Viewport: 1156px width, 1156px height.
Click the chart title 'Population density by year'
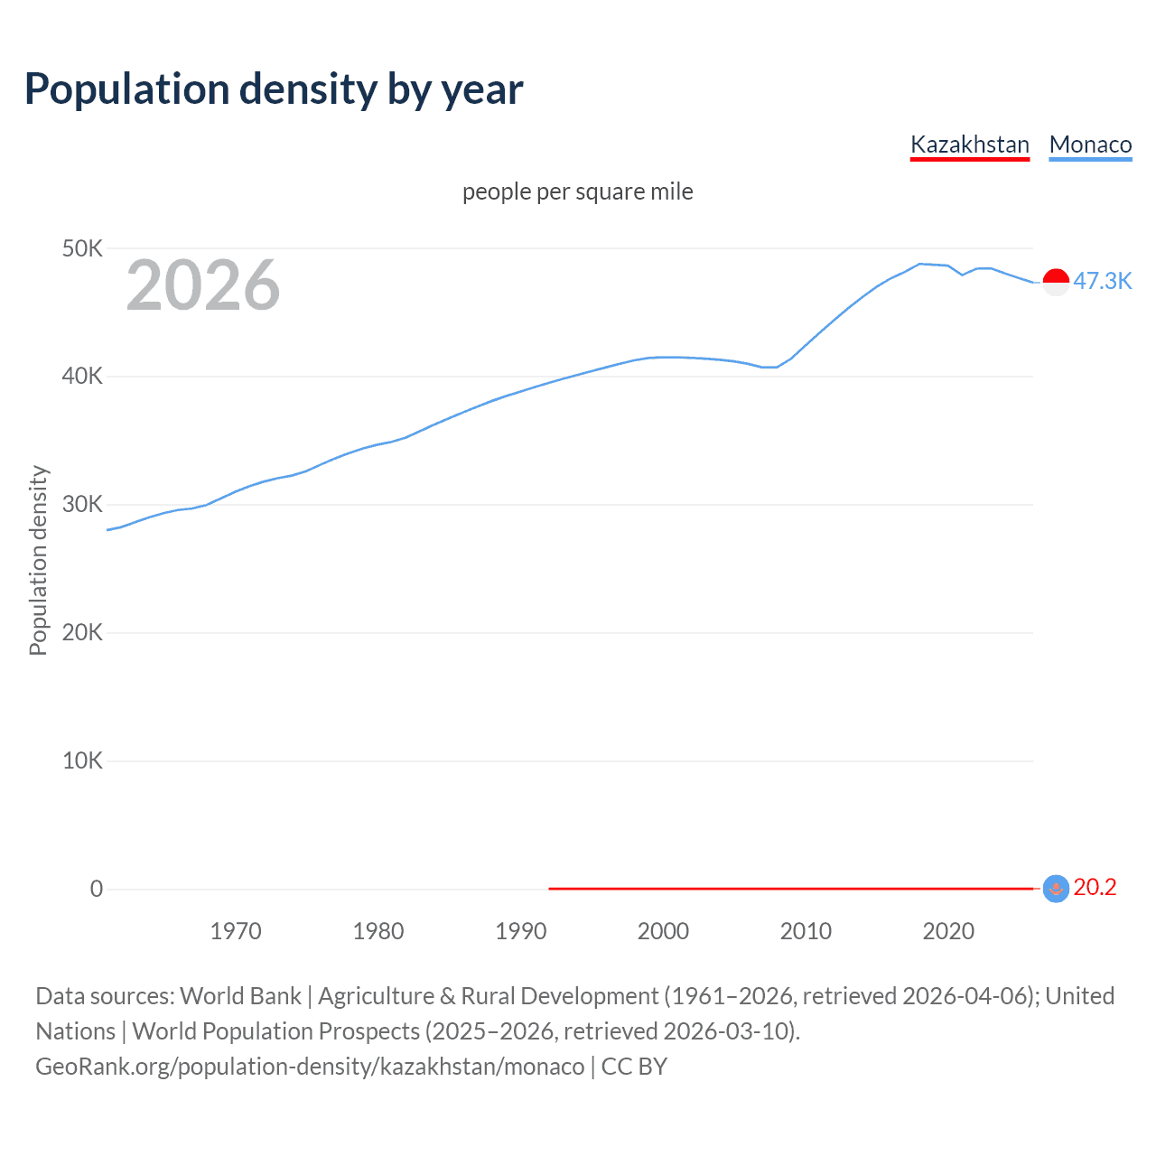coord(274,89)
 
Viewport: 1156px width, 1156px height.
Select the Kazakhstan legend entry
coord(969,144)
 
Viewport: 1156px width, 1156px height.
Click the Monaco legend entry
coord(1090,144)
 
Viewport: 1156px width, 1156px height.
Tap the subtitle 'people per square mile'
coord(577,191)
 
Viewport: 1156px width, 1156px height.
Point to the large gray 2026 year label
coord(203,285)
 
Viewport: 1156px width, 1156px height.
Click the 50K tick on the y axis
coord(83,248)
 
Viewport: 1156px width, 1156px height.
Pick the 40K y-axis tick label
coord(83,377)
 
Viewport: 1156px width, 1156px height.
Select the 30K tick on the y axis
coord(83,505)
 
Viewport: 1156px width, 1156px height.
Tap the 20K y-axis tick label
coord(83,632)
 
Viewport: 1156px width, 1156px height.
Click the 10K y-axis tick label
coord(83,760)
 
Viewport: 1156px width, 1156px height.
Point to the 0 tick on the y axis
coord(97,889)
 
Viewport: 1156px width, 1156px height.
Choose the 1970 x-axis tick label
coord(236,931)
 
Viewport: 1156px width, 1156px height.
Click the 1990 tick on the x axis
coord(521,931)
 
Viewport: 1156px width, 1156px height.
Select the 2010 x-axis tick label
coord(806,931)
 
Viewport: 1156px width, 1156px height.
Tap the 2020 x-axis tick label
coord(948,931)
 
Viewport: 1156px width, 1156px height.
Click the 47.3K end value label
coord(1102,281)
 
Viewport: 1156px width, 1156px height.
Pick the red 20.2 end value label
coord(1095,888)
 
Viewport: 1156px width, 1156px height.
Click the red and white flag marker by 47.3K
coord(1056,282)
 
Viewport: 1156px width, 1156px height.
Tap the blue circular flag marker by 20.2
coord(1056,889)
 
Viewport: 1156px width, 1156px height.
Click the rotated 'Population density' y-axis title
coord(38,560)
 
